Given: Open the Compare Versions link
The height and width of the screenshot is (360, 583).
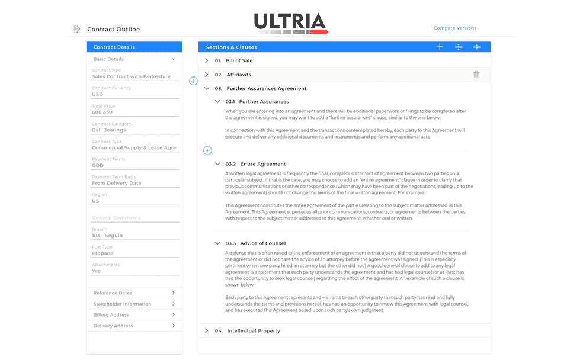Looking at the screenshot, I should pyautogui.click(x=454, y=28).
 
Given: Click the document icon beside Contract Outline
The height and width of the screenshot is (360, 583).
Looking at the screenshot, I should pyautogui.click(x=76, y=29).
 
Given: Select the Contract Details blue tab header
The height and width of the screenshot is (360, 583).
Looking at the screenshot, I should pyautogui.click(x=114, y=47).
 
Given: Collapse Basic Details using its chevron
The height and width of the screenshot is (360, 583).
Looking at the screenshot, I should pyautogui.click(x=174, y=59).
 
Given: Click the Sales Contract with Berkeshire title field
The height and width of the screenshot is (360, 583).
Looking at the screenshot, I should pyautogui.click(x=131, y=76).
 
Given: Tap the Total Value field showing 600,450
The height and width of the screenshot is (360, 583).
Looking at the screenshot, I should pyautogui.click(x=102, y=112).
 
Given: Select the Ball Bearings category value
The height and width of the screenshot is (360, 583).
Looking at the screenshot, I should pyautogui.click(x=109, y=130).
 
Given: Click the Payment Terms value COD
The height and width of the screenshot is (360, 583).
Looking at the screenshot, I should pyautogui.click(x=98, y=165).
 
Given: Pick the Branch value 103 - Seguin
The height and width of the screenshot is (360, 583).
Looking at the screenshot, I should pyautogui.click(x=107, y=235).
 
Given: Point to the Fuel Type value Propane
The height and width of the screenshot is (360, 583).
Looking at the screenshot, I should pyautogui.click(x=102, y=253).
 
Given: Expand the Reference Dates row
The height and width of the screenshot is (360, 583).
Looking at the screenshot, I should pyautogui.click(x=173, y=292).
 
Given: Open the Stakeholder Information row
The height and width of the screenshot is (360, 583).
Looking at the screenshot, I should pyautogui.click(x=173, y=304).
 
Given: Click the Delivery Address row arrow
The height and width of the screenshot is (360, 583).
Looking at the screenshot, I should pyautogui.click(x=173, y=326).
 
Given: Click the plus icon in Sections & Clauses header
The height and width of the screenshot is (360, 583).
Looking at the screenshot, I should pyautogui.click(x=440, y=47).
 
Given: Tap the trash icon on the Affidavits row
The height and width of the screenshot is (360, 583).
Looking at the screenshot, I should pyautogui.click(x=476, y=75).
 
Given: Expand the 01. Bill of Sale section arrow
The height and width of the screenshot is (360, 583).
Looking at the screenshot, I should pyautogui.click(x=206, y=60).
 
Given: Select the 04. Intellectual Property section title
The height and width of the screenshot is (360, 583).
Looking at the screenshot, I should pyautogui.click(x=253, y=330).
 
